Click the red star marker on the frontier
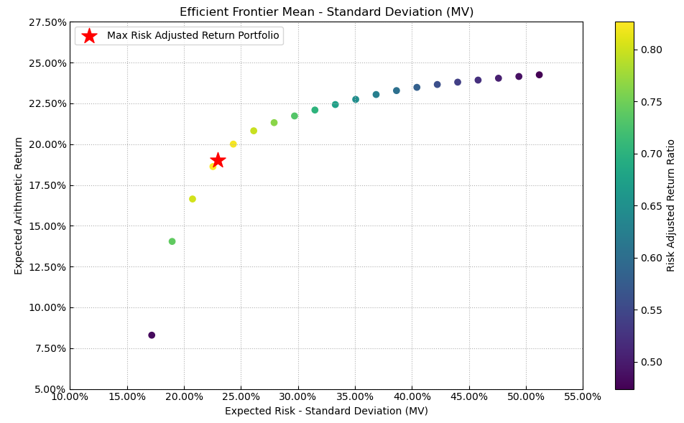(218, 160)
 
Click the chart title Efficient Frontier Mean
(326, 11)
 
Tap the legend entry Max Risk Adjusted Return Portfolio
(193, 36)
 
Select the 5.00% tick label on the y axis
(50, 389)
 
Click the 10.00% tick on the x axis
(70, 396)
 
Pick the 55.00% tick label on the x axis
(582, 396)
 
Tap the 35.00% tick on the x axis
(355, 396)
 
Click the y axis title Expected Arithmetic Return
(19, 205)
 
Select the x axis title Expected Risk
(326, 412)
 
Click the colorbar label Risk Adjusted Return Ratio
(671, 205)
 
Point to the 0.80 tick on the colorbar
(651, 50)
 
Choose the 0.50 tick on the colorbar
(651, 362)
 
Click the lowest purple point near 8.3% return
(152, 335)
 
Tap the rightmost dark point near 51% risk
(539, 75)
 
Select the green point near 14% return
(172, 241)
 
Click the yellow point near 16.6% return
(193, 199)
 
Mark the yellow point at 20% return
(233, 144)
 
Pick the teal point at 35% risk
(356, 100)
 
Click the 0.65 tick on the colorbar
(651, 206)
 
